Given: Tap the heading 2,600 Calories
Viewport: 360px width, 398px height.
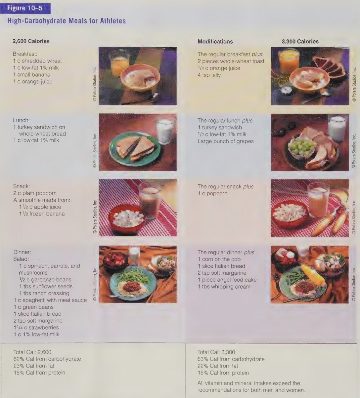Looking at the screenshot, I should pos(31,42).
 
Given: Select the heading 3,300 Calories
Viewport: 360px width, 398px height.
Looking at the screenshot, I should pos(300,42).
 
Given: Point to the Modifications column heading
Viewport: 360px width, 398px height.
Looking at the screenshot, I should pos(215,42).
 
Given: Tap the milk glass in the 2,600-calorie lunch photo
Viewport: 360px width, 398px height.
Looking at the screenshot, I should pos(165,129).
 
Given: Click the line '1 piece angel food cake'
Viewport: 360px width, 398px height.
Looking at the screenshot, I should pos(227,280).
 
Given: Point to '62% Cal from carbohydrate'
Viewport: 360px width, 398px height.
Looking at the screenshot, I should pos(47,359).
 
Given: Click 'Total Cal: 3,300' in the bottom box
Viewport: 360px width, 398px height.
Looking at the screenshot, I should pos(216,352).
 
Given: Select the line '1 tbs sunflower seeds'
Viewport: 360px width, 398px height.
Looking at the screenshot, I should pos(46,286).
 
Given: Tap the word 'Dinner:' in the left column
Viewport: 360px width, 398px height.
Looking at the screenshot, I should pos(22,252).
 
